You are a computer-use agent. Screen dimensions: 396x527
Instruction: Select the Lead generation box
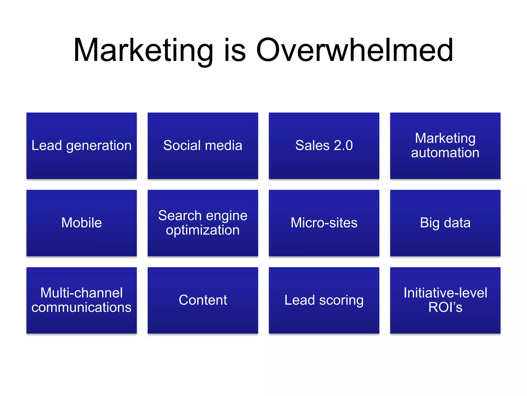coord(82,146)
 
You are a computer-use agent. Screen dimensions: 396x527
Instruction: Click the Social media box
coord(203,146)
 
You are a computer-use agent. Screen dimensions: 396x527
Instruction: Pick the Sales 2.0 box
coord(324,146)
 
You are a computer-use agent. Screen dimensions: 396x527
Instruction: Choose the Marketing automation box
coord(445,146)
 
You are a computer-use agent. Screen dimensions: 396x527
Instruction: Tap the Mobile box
coord(82,223)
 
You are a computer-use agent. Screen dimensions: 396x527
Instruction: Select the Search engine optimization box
coord(203,223)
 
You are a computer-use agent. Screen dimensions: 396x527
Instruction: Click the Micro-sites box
coord(324,223)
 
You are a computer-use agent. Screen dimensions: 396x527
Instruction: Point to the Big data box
coord(445,223)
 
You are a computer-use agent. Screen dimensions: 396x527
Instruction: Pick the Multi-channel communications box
coord(82,300)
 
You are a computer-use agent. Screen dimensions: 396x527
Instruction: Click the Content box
coord(203,300)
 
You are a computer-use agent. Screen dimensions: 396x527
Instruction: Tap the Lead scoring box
coord(324,300)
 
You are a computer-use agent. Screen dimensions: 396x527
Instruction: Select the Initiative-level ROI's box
coord(445,300)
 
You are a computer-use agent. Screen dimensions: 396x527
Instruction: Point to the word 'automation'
coord(445,153)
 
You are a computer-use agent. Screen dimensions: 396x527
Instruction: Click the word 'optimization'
coord(203,230)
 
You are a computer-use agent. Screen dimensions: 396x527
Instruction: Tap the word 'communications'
coord(82,307)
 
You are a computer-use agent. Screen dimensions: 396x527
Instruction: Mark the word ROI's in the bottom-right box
coord(445,307)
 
